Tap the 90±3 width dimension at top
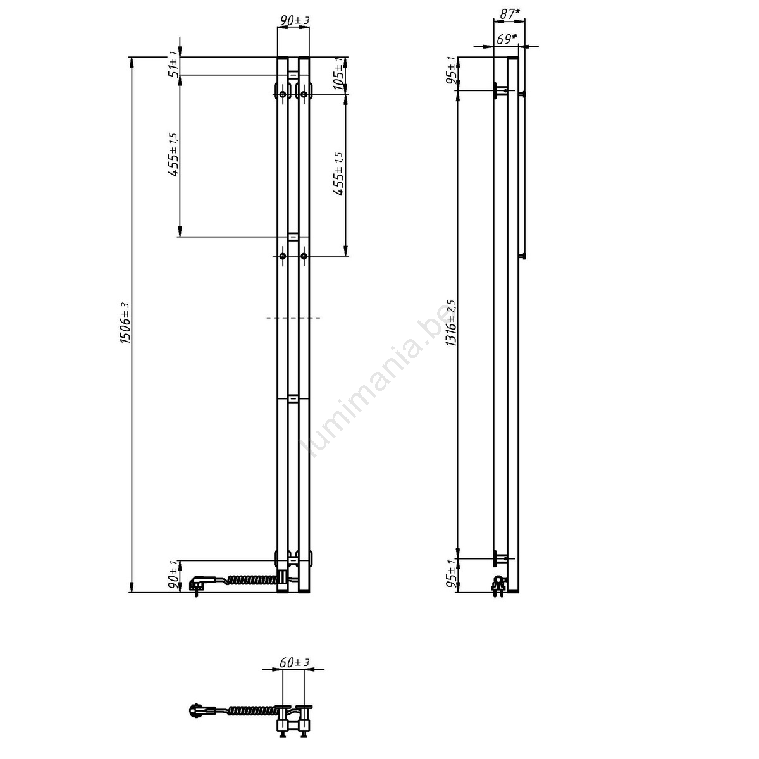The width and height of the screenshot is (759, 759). tap(294, 20)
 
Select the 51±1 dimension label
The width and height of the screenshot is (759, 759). tap(174, 66)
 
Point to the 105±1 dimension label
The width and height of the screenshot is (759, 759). tap(338, 73)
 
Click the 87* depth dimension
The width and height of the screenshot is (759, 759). tap(510, 14)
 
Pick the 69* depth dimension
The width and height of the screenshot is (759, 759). tap(507, 39)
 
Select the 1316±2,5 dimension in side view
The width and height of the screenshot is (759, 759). tap(451, 323)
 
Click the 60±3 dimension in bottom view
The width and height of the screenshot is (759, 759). tap(294, 662)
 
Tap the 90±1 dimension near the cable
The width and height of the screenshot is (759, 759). tap(174, 576)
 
